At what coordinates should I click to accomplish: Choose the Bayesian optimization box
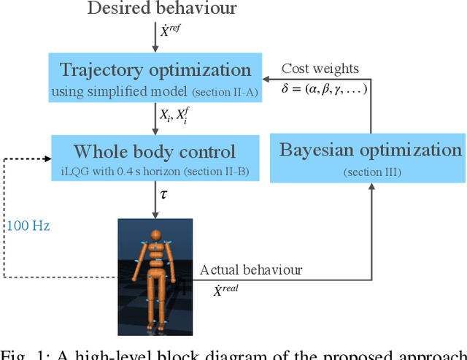(371, 157)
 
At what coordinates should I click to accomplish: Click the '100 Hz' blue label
(28, 226)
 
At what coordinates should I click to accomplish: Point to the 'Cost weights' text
(320, 68)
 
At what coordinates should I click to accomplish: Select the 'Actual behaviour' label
(251, 269)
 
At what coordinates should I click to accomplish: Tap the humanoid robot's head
(155, 234)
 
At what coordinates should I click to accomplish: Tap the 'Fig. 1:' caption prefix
(19, 355)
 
